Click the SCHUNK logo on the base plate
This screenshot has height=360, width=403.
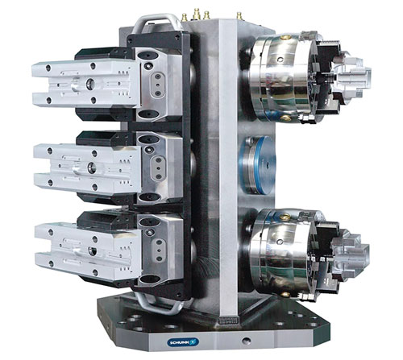[184, 342]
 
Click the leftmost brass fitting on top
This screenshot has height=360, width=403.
[185, 18]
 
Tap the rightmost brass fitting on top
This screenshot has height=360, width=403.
[239, 16]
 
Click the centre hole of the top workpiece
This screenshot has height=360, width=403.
[90, 84]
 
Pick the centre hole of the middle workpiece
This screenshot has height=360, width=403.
[92, 168]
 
